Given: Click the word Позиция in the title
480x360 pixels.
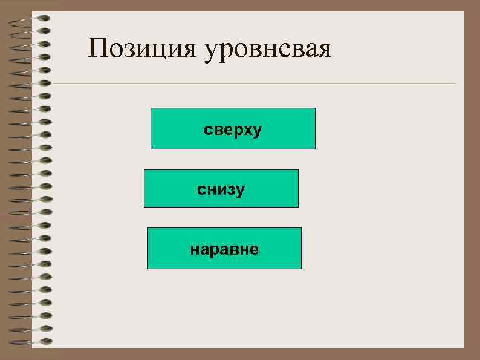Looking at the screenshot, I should [x=142, y=48].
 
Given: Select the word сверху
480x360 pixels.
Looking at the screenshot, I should [x=233, y=129].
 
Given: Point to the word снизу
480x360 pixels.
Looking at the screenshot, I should [x=221, y=189].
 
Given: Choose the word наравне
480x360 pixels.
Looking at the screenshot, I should [x=224, y=249].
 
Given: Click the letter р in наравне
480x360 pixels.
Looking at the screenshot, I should [x=214, y=250].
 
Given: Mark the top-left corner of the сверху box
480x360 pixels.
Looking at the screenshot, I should [x=151, y=108].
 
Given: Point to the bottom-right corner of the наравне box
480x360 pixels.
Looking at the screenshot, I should [x=300, y=268].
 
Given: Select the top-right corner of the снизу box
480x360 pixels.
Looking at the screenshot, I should [x=298, y=170].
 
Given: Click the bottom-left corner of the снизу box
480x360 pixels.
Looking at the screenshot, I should [x=144, y=207].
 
